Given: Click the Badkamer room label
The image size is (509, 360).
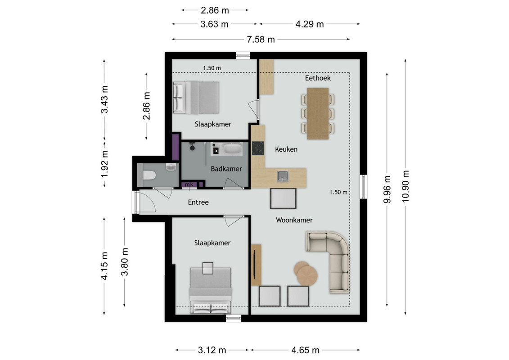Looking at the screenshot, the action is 226,169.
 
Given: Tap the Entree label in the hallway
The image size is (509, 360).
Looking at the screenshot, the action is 198,202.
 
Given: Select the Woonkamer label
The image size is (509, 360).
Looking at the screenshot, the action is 294,220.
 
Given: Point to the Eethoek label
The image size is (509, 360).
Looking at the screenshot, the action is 318,78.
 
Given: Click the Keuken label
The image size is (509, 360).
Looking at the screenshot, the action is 286,149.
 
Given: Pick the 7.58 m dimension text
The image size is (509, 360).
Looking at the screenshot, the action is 261,40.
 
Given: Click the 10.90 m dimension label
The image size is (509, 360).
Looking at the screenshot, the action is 405,186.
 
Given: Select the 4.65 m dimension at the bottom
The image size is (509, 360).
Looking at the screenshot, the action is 306,350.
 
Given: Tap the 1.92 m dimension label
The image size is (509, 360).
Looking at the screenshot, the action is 104,164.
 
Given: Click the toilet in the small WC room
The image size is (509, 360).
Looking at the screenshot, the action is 149,175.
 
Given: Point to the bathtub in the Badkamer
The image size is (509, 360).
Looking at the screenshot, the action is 232,149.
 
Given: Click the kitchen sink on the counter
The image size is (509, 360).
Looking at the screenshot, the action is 283,176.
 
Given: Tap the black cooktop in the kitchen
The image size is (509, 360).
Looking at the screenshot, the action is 258,148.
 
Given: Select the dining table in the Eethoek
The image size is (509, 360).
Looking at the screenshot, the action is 318,113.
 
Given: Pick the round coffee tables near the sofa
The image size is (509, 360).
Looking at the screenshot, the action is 306,273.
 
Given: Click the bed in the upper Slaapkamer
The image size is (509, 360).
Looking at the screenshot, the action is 196,97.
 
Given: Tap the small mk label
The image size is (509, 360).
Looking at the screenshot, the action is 189,184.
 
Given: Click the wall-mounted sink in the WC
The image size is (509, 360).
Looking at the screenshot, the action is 171,167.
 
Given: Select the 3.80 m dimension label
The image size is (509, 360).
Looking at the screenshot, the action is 125,261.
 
